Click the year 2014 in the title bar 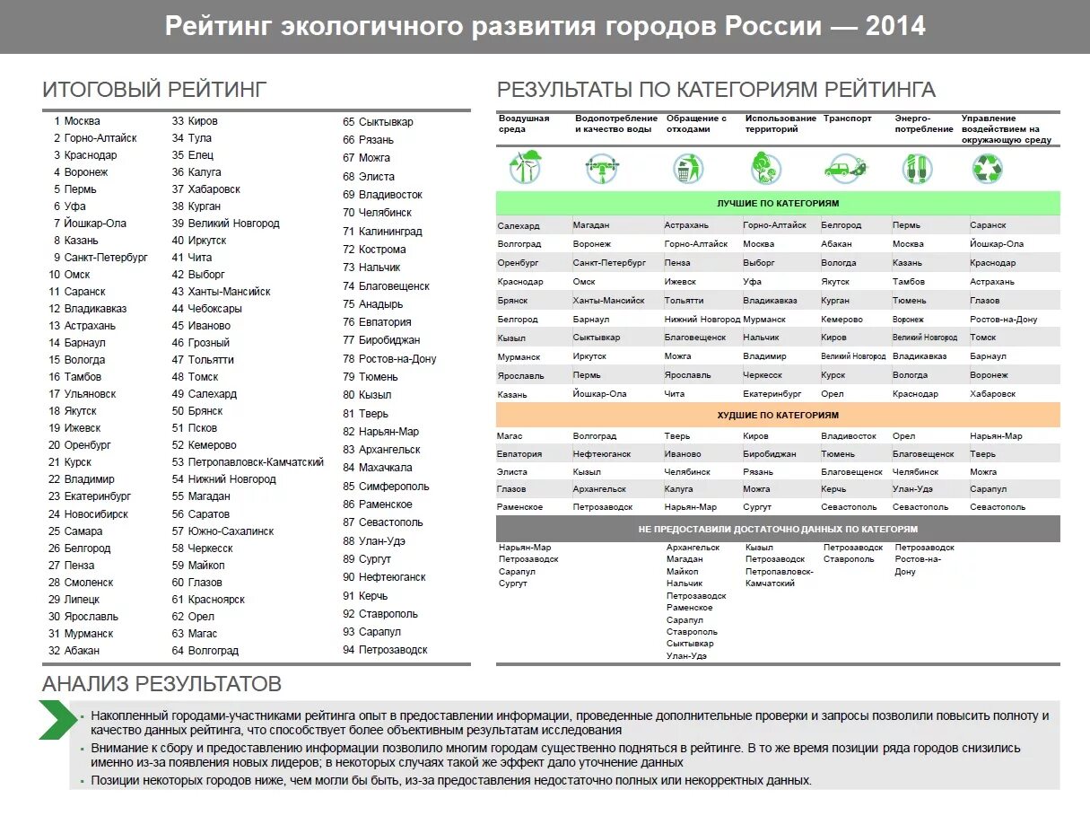[x=895, y=26]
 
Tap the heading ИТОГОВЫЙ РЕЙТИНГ [x=154, y=89]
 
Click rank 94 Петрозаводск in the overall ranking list [x=386, y=650]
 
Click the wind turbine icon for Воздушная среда [x=526, y=167]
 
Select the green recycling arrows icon [x=988, y=168]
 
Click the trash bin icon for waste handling [x=688, y=168]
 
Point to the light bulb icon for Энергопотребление [x=917, y=168]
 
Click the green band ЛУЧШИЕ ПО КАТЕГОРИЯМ [x=778, y=204]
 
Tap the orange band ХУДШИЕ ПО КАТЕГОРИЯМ [x=778, y=416]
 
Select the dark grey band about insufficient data [x=778, y=529]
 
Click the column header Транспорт [x=847, y=118]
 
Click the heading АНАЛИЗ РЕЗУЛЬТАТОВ [x=161, y=684]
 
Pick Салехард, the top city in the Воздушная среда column [x=519, y=225]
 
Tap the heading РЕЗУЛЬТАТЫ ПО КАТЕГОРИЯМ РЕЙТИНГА [x=716, y=89]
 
